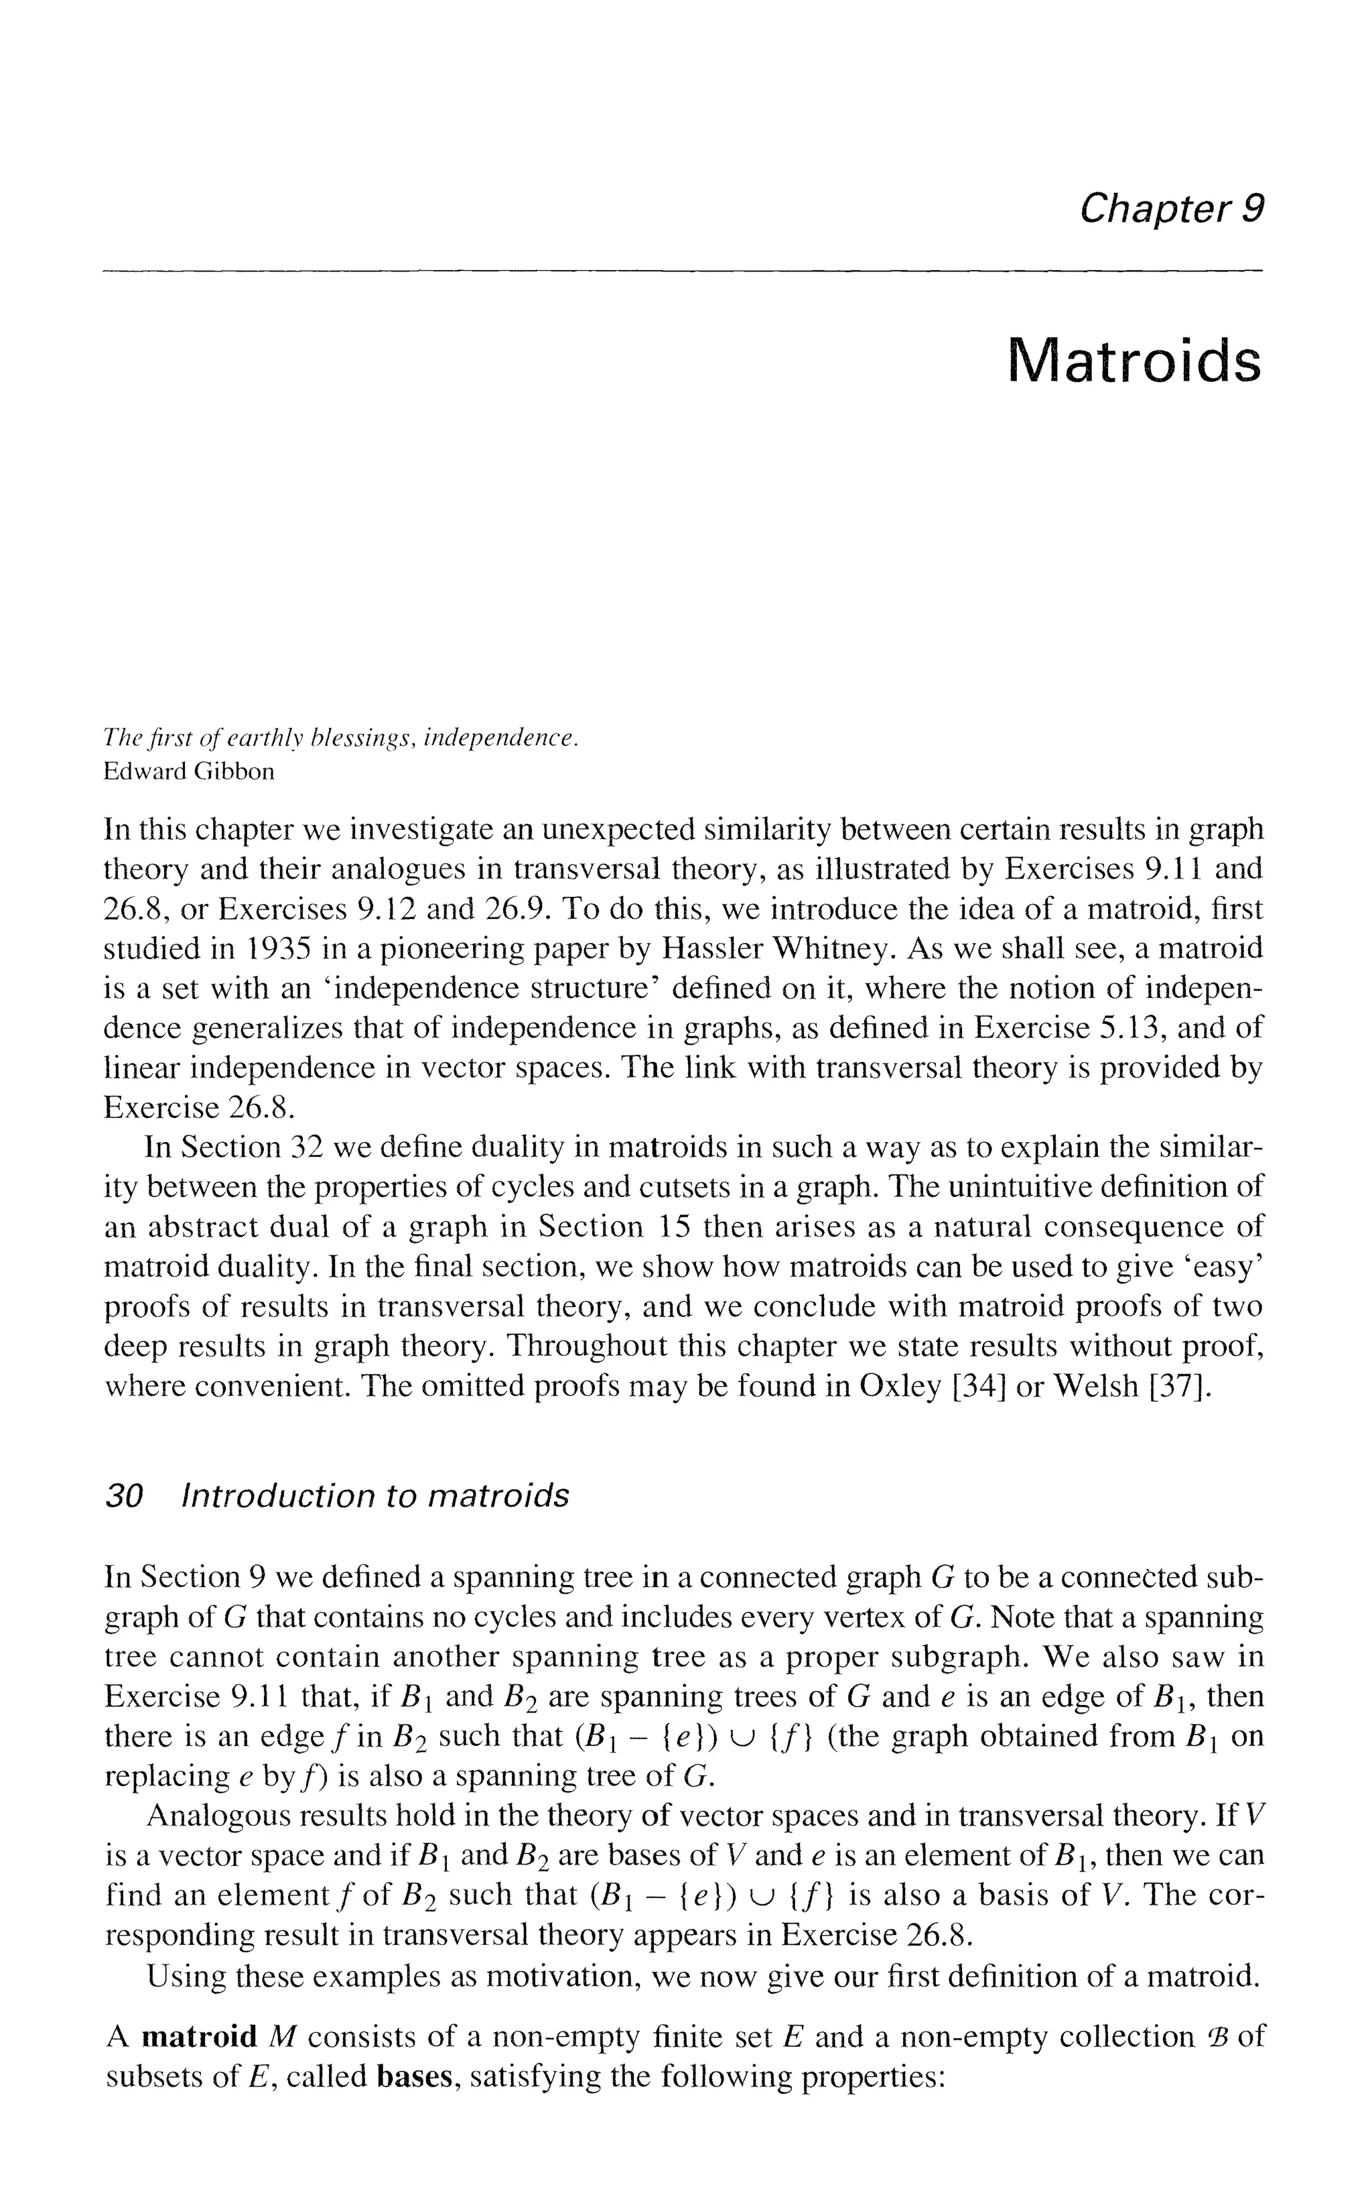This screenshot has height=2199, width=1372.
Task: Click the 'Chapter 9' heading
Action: [x=1170, y=210]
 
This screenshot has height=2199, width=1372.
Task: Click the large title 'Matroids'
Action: [x=1134, y=361]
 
